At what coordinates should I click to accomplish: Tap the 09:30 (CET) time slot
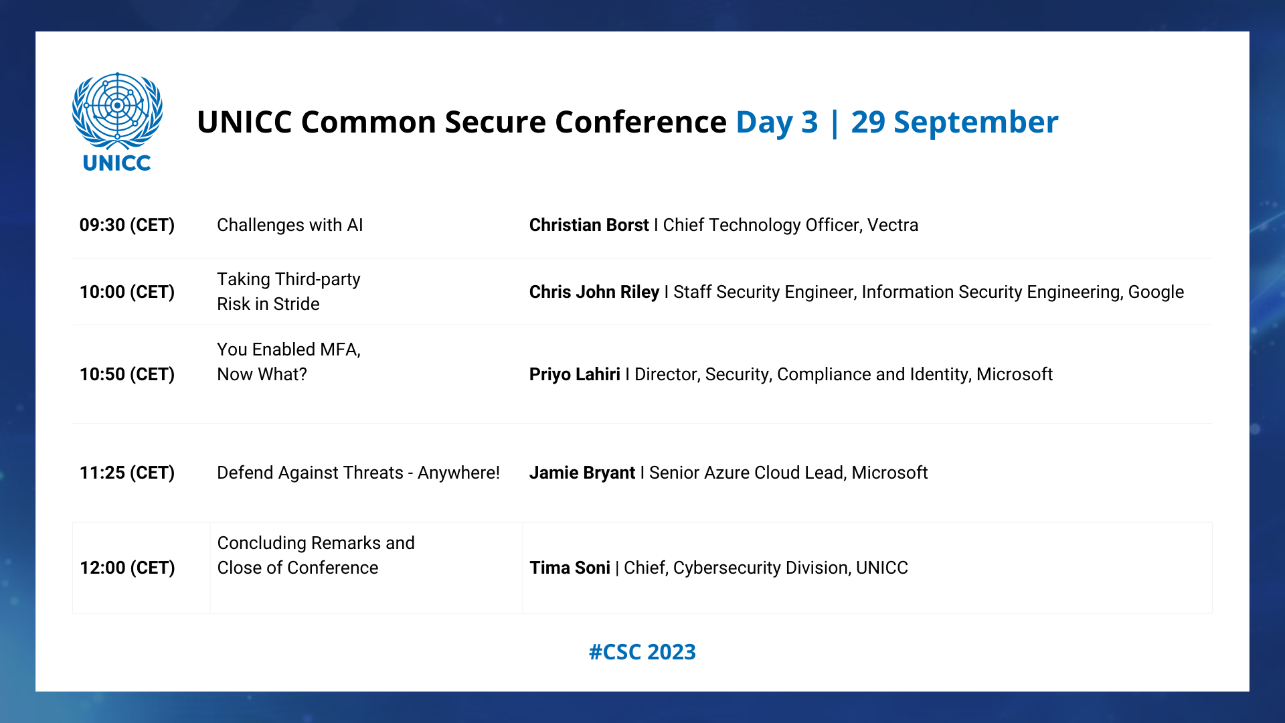[x=127, y=225]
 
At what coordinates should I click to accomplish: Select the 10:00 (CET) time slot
[x=127, y=292]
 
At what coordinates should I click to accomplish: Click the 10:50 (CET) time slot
[x=127, y=374]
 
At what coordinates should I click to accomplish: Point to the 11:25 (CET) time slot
[x=127, y=473]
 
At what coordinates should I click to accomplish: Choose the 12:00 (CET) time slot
[x=127, y=568]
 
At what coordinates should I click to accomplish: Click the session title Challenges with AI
[x=290, y=225]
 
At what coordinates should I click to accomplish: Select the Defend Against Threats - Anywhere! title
[x=358, y=473]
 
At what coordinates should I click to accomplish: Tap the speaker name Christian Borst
[x=589, y=225]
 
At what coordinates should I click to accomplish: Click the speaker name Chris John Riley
[x=594, y=292]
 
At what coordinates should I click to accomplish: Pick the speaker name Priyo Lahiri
[x=575, y=374]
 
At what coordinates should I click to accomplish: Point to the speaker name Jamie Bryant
[x=582, y=473]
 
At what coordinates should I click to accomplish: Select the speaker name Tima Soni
[x=570, y=568]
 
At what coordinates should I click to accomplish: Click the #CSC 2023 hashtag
[x=642, y=652]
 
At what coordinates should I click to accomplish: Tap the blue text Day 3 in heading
[x=777, y=123]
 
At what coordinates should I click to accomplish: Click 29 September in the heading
[x=955, y=123]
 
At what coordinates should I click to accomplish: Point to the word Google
[x=1156, y=293]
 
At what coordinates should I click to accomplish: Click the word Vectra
[x=893, y=225]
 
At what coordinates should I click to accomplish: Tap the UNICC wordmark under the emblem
[x=117, y=163]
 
